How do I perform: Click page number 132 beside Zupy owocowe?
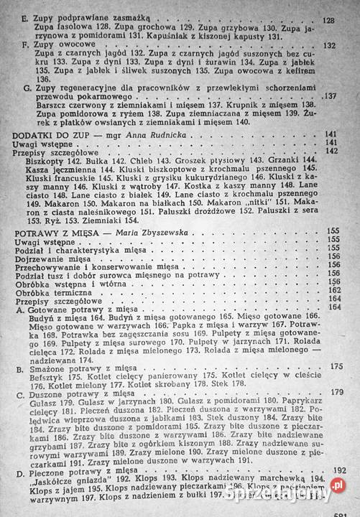331,45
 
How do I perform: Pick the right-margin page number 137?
331,96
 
